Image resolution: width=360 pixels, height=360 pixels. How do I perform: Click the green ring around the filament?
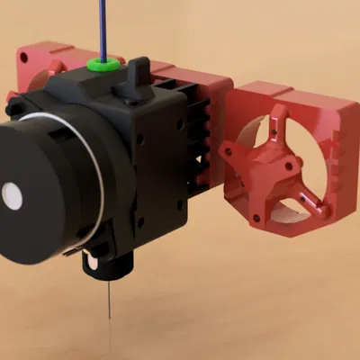coord(104,65)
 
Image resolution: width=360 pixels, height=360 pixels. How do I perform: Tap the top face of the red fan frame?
coord(270,90)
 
